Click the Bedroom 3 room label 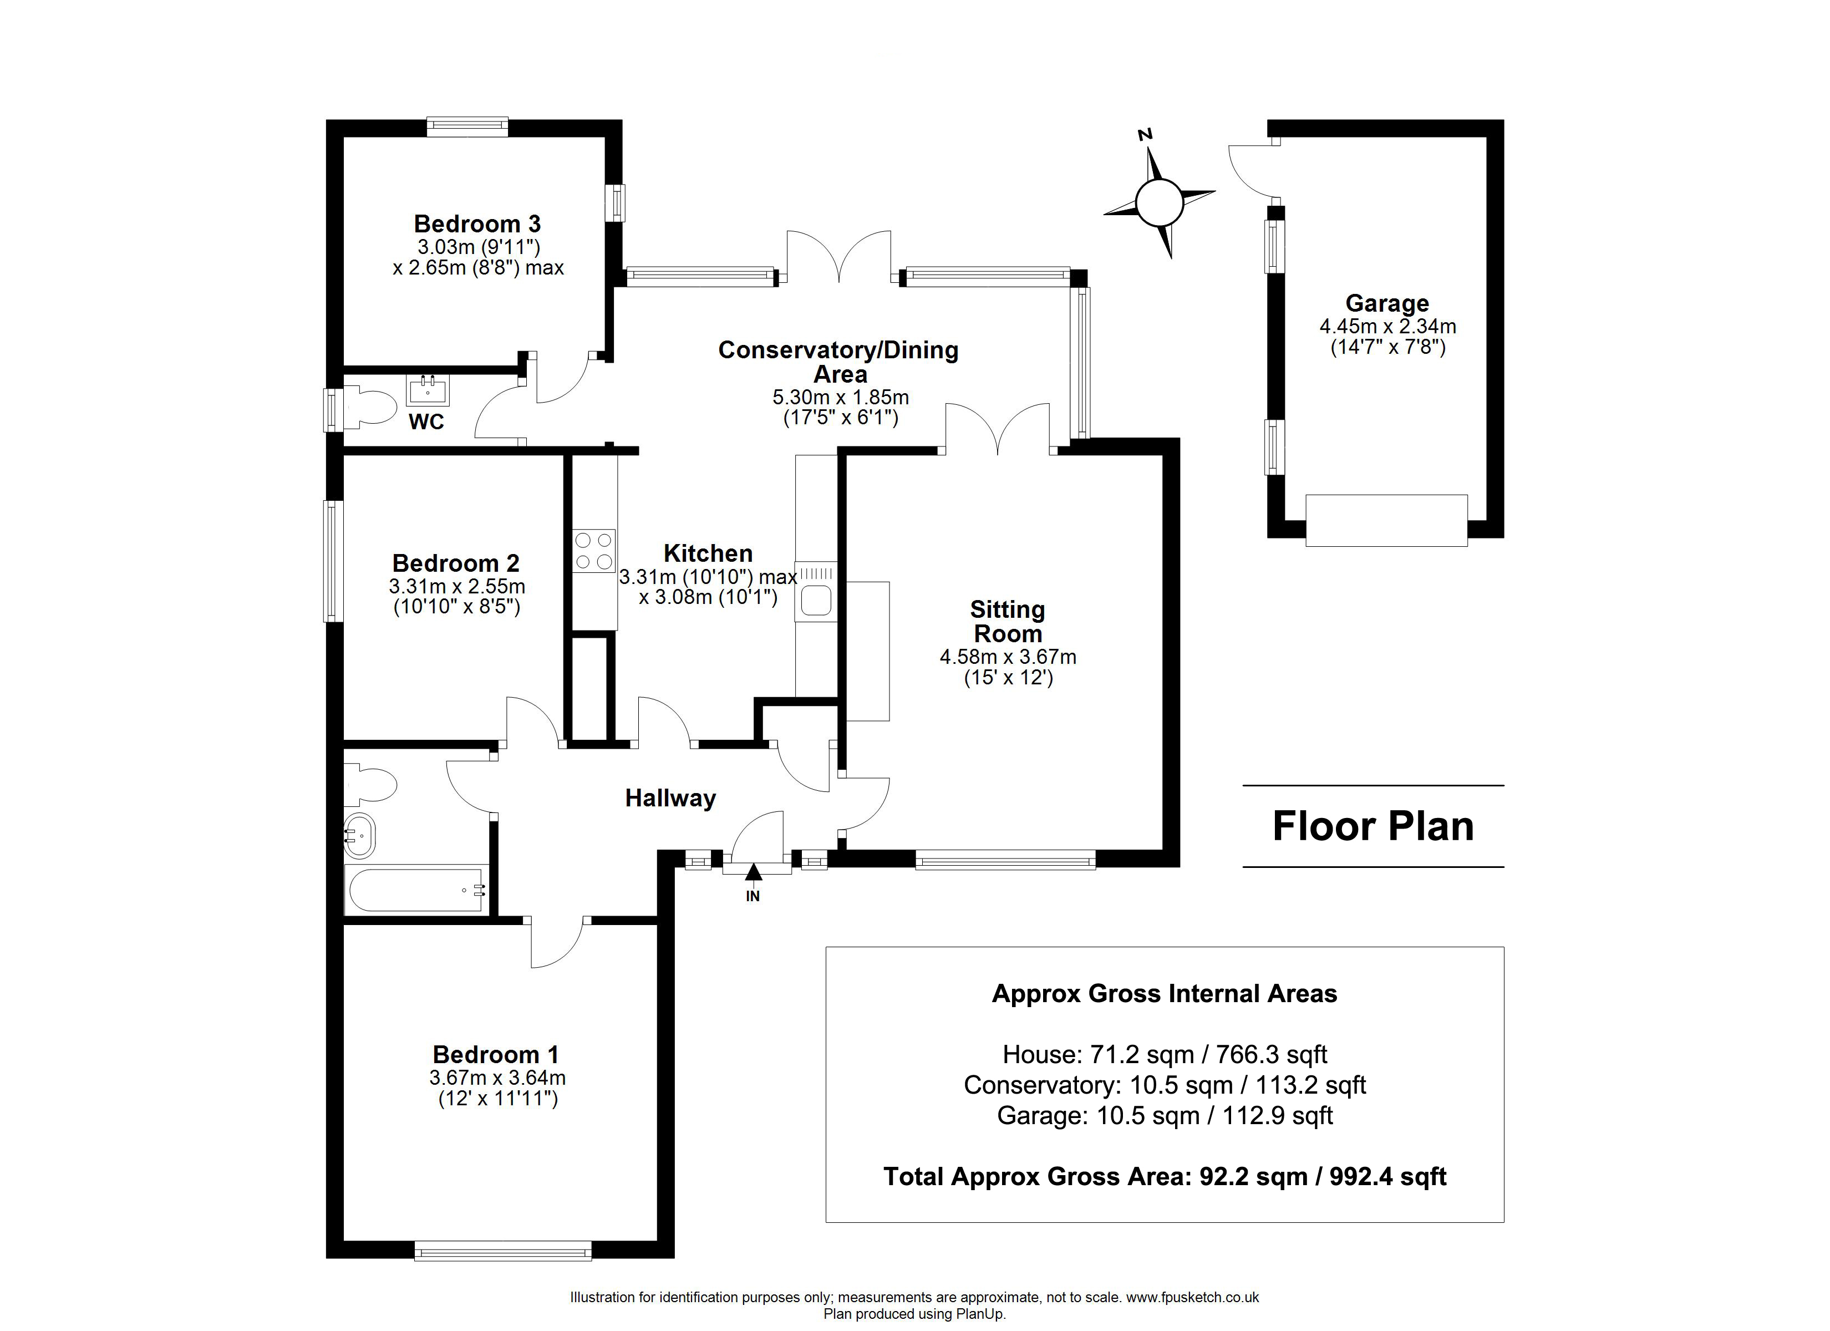pos(477,223)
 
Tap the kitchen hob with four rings pos(594,551)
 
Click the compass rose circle pos(1158,202)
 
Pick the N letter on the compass pos(1144,135)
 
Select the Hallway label pos(670,798)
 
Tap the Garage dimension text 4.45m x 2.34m pos(1388,327)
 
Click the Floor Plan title pos(1373,826)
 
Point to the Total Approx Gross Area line pos(1165,1176)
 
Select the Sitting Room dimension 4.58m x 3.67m pos(1008,657)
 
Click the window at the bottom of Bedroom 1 pos(502,1251)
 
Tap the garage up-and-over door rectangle pos(1386,521)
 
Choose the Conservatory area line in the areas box pos(1165,1085)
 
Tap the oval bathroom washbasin pos(360,835)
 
